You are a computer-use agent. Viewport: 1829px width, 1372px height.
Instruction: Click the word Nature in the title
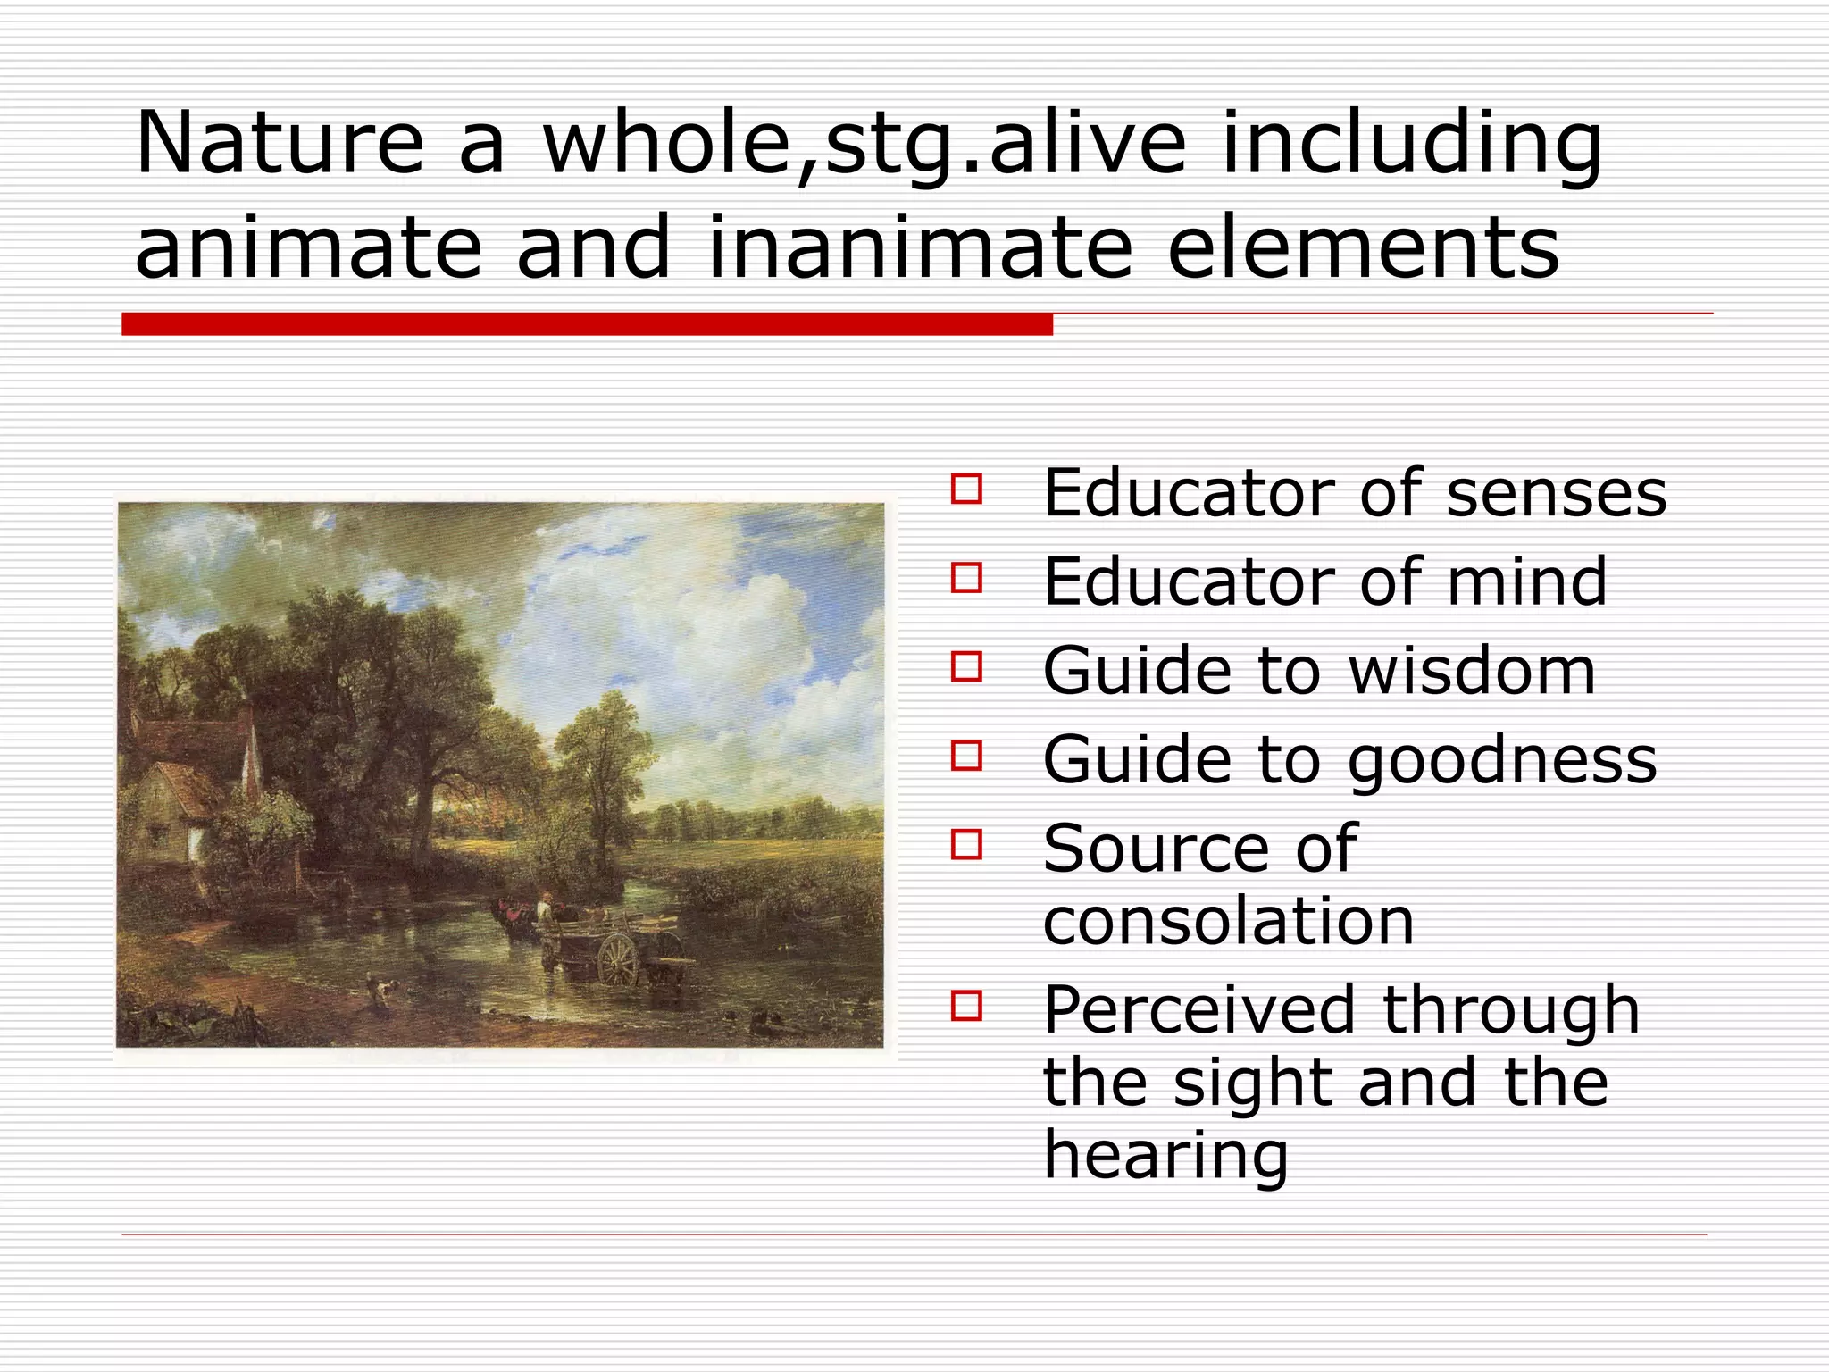coord(279,143)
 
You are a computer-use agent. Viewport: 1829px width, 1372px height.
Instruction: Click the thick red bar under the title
coord(586,324)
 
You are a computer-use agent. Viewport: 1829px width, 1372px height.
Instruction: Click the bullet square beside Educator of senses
coord(966,489)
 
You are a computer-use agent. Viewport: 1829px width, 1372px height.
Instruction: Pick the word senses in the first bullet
coord(1556,493)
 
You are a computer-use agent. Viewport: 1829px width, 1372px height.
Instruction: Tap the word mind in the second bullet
coord(1526,581)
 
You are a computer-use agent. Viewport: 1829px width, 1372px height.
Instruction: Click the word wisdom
coord(1471,671)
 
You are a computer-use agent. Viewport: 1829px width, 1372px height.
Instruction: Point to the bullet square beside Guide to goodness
coord(966,756)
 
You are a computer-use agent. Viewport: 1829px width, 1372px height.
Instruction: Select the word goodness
coord(1501,760)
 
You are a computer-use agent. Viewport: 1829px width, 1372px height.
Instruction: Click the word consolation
coord(1228,921)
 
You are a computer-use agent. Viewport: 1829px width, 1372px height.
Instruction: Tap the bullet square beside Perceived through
coord(966,1005)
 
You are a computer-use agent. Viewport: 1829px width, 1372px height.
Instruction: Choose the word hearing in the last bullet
coord(1165,1155)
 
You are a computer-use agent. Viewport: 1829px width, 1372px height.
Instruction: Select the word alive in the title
coord(1086,143)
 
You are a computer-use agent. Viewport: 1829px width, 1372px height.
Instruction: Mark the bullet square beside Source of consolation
coord(966,844)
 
